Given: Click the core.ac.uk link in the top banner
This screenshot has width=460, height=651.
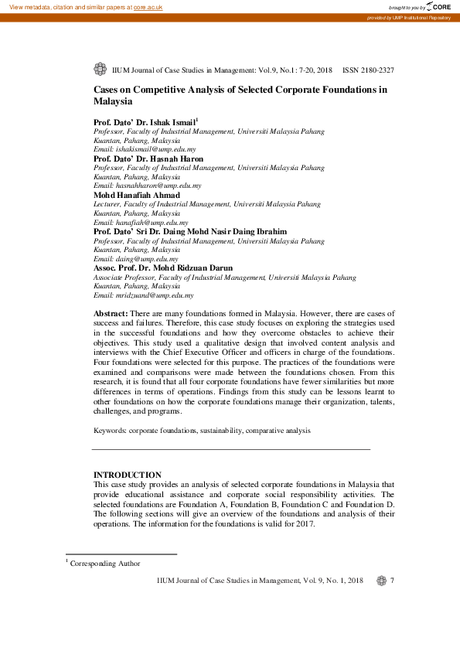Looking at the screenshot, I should pos(148,6).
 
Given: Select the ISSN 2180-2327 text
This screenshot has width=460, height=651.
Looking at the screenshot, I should pos(368,70).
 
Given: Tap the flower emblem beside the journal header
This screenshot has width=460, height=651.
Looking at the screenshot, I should pos(99,70).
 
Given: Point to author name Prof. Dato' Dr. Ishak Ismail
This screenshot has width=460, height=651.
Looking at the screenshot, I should pos(145,122).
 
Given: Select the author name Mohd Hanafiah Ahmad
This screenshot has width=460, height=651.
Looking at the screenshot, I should pos(136,195).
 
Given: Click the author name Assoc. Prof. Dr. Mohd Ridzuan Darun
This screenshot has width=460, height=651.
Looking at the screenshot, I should pos(162,268).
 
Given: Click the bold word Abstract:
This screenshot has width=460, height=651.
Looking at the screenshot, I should pos(111,312).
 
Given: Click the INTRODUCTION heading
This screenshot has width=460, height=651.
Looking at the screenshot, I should pos(128,475).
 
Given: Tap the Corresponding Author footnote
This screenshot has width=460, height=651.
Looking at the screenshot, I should pos(105,564).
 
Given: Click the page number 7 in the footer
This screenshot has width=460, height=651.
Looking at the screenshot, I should pos(393,581).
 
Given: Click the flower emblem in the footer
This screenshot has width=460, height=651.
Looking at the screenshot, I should pos(380,581).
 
